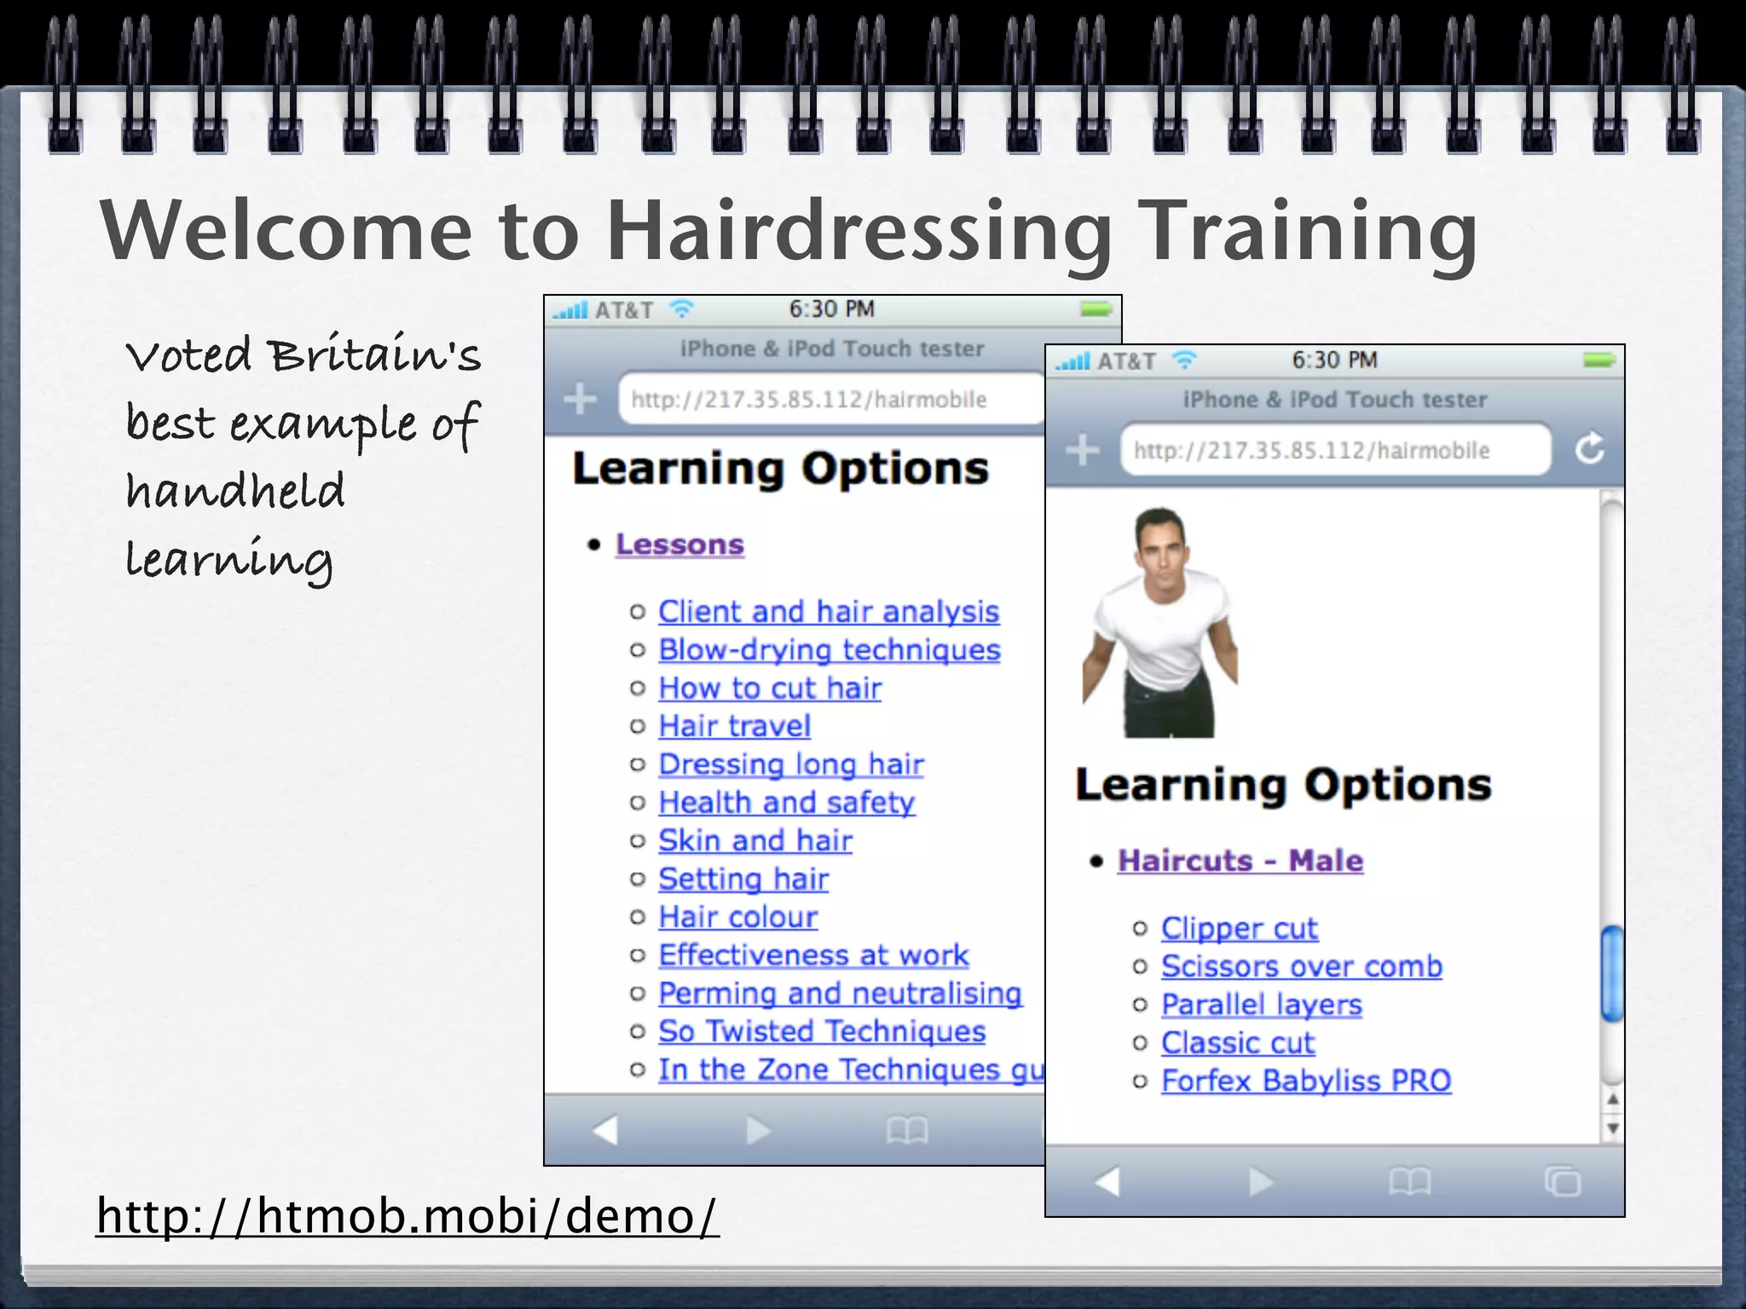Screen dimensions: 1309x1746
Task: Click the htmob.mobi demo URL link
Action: point(407,1215)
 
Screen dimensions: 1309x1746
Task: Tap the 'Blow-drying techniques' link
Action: point(829,650)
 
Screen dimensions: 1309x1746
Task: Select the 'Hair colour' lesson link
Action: point(737,917)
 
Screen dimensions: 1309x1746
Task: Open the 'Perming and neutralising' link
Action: point(840,994)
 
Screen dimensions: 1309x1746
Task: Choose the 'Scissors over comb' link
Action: point(1301,966)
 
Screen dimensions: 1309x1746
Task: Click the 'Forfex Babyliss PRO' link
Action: point(1305,1081)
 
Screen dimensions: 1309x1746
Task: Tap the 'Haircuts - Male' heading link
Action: point(1240,861)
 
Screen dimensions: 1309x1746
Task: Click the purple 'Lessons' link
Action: point(679,545)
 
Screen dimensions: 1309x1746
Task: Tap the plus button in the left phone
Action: point(581,398)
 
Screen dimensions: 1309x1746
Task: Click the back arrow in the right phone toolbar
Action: point(1107,1181)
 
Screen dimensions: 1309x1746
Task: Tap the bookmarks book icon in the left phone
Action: point(906,1131)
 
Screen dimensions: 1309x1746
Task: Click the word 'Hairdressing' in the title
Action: point(859,230)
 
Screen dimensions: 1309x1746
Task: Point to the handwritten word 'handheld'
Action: point(235,491)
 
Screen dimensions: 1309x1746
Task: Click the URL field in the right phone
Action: point(1334,450)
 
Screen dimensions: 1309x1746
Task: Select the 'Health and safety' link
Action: point(786,803)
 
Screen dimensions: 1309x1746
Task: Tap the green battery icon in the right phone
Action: point(1599,360)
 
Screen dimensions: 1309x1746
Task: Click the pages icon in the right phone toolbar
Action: point(1561,1181)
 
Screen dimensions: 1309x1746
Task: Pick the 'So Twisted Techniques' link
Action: point(821,1032)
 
